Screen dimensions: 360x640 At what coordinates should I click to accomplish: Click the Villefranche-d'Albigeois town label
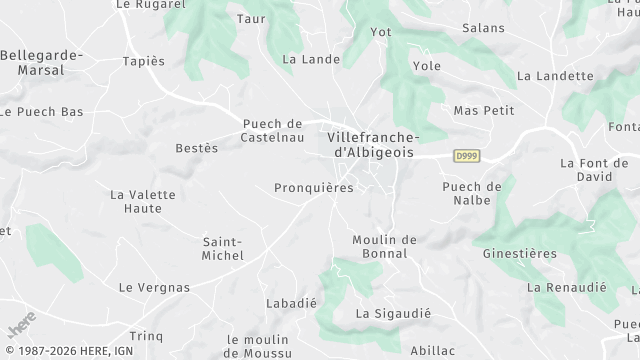pos(373,143)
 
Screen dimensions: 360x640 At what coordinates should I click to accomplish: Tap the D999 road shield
pos(465,156)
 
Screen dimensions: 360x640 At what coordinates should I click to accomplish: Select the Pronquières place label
pos(314,187)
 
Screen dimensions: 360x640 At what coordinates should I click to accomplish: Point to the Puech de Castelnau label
pos(272,131)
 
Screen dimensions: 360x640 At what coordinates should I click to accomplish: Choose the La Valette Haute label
pos(136,201)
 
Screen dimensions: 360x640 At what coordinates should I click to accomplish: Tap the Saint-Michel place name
pos(223,248)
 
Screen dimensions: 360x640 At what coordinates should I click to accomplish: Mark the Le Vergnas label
pos(154,287)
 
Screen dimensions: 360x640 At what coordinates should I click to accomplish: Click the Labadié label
pos(291,302)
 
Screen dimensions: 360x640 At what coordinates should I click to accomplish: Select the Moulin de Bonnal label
pos(384,246)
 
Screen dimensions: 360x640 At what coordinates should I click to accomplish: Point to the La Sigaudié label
pos(393,313)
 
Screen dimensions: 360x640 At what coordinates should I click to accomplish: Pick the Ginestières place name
pos(520,253)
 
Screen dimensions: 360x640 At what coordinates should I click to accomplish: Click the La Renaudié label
pos(567,287)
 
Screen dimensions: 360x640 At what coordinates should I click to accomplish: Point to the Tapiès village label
pos(143,61)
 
